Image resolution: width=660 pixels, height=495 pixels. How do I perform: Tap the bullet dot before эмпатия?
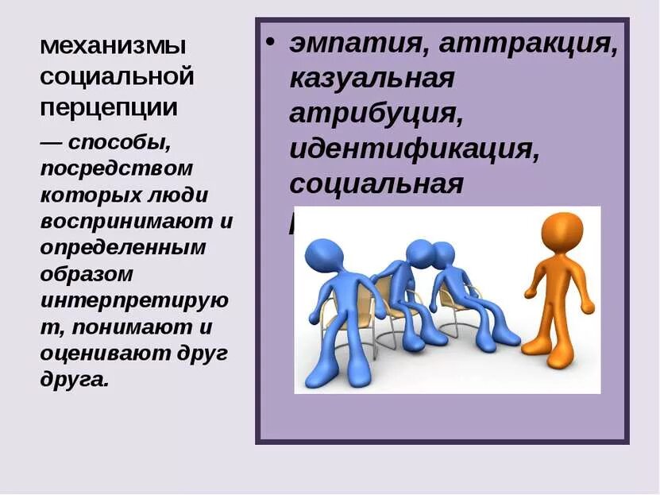coord(272,44)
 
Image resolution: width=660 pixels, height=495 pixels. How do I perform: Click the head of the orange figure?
coord(562,230)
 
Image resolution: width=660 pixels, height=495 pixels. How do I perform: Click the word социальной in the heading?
coord(117,77)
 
